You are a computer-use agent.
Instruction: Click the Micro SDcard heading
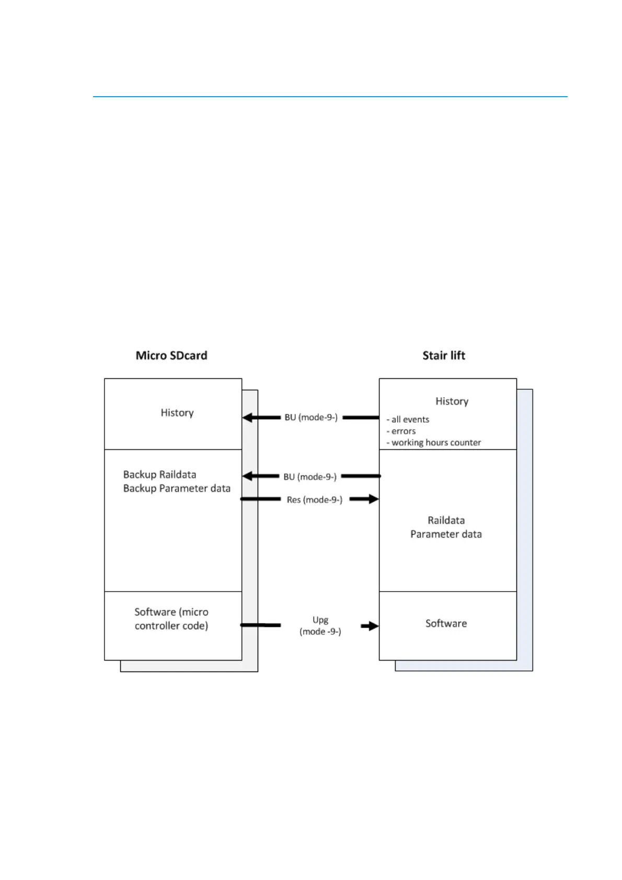pos(171,356)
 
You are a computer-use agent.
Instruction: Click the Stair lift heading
pos(444,356)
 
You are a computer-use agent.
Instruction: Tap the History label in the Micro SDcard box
pos(177,413)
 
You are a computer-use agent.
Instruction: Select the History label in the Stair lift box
pos(452,401)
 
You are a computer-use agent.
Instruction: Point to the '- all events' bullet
pos(408,420)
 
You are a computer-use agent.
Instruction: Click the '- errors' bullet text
pos(401,431)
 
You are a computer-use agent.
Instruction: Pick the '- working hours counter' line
pos(434,443)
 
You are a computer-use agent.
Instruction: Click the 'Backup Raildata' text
pos(159,474)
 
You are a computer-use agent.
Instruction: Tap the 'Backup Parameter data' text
pos(177,488)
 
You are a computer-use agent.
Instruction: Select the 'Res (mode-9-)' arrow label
pos(315,500)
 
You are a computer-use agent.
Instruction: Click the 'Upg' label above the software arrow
pos(320,620)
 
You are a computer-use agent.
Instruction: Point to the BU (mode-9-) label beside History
pos(311,418)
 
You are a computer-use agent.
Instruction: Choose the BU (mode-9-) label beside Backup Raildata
pos(310,477)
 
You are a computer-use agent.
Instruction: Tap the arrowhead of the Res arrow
pos(373,499)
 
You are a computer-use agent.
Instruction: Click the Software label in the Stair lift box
pos(446,623)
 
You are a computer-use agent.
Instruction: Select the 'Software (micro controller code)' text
pos(171,619)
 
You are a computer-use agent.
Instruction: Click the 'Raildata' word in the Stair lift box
pos(446,520)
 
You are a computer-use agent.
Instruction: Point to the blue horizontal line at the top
pos(330,97)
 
